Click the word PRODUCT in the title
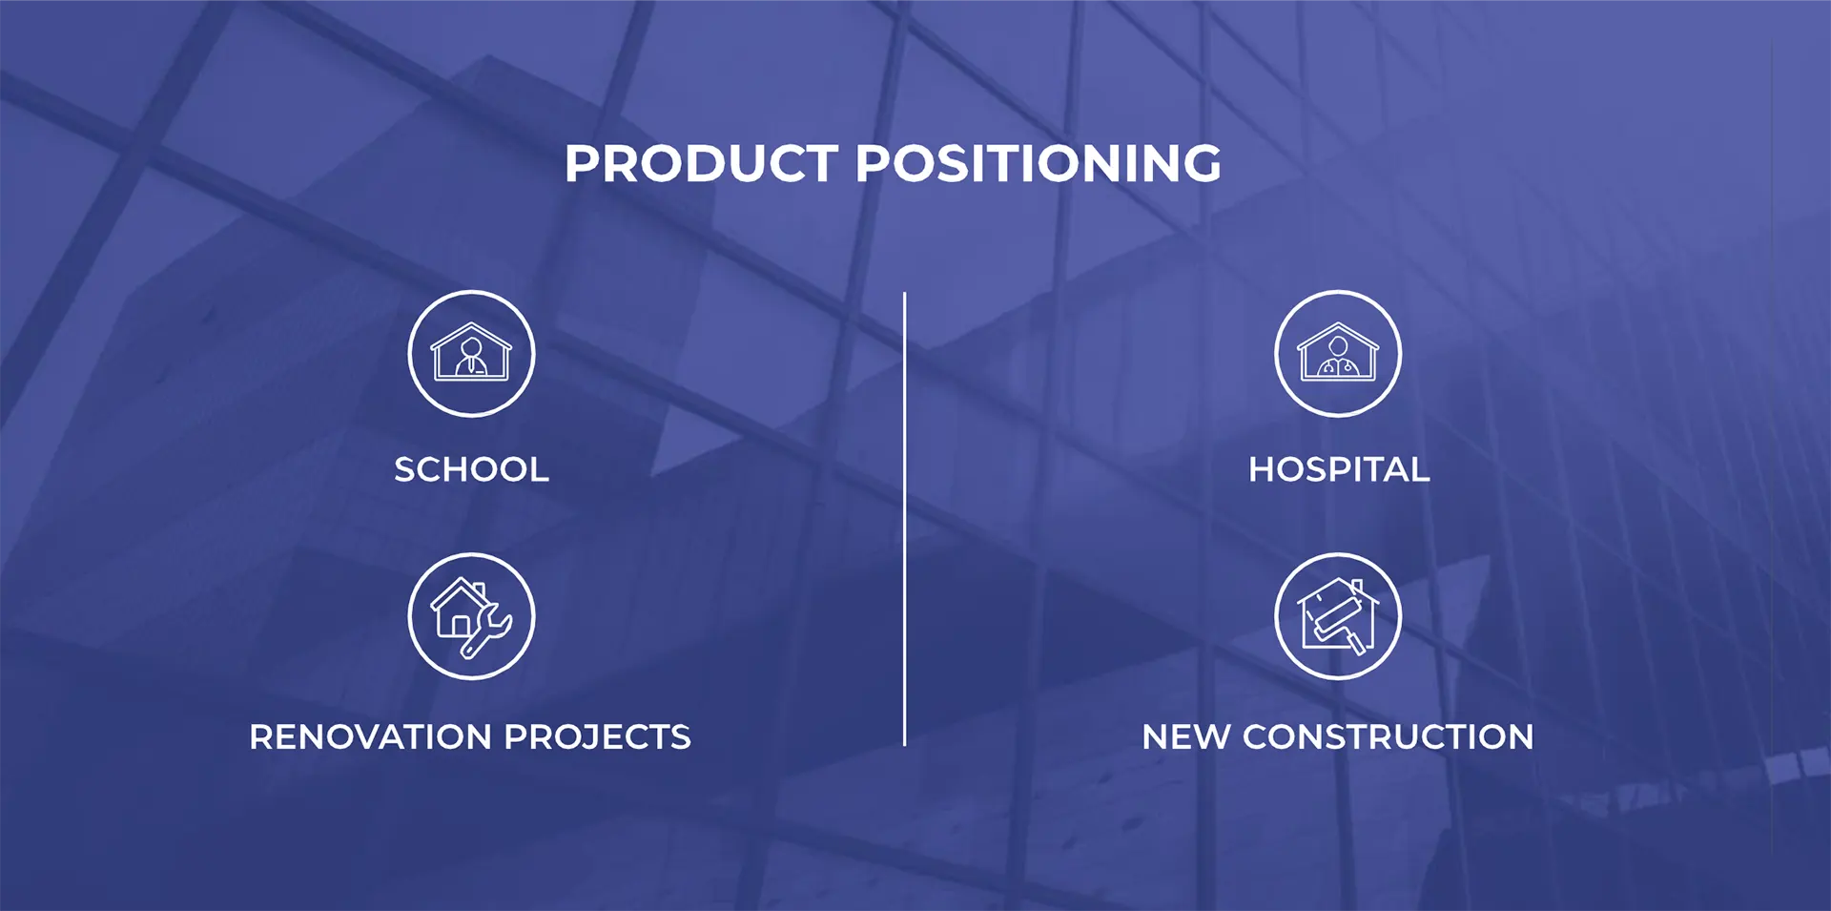pos(701,163)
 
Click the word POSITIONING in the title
pos(1039,163)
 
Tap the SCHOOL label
pos(472,469)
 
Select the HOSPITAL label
pos(1339,469)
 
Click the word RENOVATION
pos(371,736)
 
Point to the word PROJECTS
pos(597,736)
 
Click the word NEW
pos(1185,736)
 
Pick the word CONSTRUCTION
pos(1388,736)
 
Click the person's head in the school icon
pos(471,345)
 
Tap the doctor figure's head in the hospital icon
pos(1338,345)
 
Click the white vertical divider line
pos(904,519)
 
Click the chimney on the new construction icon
pos(1357,587)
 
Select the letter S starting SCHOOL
pos(405,469)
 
